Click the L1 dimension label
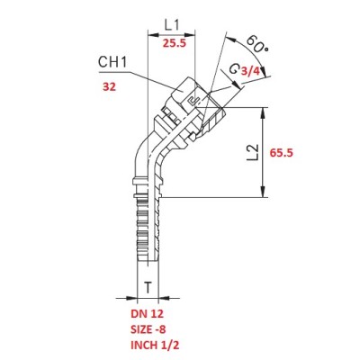tap(172, 25)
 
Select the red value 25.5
tap(175, 43)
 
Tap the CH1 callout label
tap(112, 62)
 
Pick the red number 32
tap(109, 87)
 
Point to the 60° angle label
tap(257, 44)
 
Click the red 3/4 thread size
tap(250, 71)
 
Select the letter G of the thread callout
tap(234, 69)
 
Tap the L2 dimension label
tap(253, 152)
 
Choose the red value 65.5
tap(281, 153)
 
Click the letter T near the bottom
tap(148, 288)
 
